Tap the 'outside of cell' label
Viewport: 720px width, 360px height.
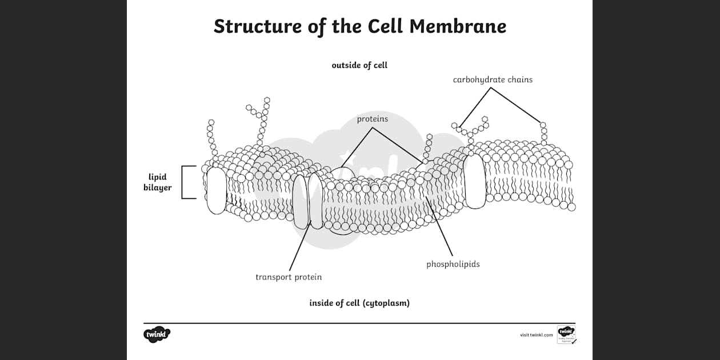[359, 65]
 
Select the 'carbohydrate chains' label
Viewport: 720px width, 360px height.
[493, 79]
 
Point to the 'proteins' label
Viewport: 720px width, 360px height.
[373, 119]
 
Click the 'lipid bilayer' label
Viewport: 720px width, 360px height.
[158, 182]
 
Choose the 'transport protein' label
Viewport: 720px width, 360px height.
[289, 277]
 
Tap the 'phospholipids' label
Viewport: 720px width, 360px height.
[453, 264]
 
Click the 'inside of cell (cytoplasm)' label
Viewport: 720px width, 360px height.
[359, 303]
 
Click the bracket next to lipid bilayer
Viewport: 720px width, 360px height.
[183, 182]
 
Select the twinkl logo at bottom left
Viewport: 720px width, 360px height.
[157, 334]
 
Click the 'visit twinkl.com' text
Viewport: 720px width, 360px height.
[536, 335]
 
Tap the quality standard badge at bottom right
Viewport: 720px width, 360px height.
[566, 334]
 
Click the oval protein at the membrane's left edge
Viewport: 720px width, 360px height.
[217, 190]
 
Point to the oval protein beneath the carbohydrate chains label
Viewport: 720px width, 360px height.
[475, 181]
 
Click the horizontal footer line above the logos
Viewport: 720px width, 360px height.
[359, 323]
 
